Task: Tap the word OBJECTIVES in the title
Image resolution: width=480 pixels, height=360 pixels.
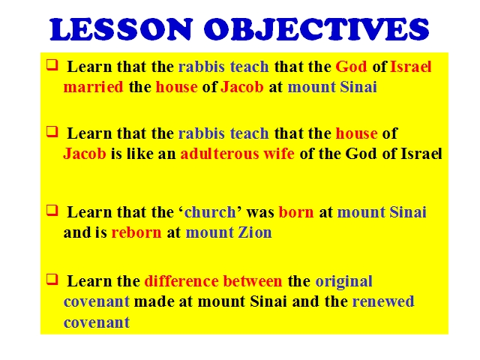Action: point(316,29)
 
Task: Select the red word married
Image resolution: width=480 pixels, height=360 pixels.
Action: point(93,87)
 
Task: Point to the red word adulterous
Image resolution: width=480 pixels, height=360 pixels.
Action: point(220,153)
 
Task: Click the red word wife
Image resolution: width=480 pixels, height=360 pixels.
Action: point(279,153)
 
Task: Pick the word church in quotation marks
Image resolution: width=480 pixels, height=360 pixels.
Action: point(210,211)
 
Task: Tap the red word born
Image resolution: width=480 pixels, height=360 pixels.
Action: point(296,211)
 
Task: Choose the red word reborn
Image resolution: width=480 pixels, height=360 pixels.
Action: point(136,232)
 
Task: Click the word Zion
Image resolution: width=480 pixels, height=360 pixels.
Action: point(255,232)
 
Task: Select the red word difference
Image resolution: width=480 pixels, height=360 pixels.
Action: point(181,280)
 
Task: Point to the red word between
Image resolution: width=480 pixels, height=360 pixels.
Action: point(253,280)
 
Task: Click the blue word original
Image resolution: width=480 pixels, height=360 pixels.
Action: point(343,281)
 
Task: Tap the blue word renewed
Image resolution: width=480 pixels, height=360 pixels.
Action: point(383,301)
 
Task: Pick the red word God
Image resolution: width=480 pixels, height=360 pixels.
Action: point(351,67)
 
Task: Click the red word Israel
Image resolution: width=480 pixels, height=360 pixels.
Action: point(411,67)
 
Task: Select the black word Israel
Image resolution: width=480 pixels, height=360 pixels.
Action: point(421,153)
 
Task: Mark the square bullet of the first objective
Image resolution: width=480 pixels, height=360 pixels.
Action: point(52,65)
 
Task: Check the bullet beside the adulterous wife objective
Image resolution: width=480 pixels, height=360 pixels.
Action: point(52,132)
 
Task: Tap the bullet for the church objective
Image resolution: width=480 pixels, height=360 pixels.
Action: point(52,211)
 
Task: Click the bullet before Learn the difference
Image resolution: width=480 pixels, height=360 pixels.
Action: point(52,280)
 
